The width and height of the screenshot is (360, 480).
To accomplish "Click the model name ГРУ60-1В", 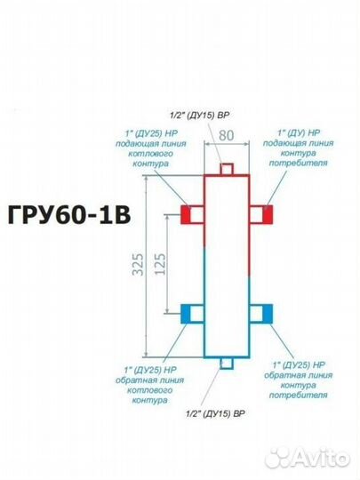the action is point(69,214).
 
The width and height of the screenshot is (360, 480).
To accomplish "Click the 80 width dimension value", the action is point(227,135).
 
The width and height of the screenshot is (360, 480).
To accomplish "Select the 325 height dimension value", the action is point(139,264).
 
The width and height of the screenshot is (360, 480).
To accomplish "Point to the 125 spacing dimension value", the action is point(160,264).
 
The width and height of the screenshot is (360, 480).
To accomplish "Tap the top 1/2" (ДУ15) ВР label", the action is point(200,116).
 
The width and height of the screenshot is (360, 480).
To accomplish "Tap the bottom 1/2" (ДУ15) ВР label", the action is point(215,414).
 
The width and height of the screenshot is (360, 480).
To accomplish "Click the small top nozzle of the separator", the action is point(227,169).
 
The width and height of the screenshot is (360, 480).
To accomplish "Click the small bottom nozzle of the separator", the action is point(227,364).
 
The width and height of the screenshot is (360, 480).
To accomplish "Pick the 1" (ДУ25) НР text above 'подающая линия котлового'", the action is point(151,133).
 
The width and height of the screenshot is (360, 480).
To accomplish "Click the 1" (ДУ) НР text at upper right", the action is point(299,132).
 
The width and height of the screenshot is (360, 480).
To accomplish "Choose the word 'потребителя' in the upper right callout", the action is point(298,163).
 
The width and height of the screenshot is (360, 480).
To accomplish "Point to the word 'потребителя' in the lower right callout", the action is point(298,395).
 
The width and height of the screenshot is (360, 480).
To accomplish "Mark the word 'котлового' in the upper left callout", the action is point(150,154).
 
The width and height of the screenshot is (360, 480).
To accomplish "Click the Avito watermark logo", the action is point(307,459).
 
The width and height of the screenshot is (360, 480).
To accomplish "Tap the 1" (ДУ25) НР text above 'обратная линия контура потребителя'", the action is point(299,365).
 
